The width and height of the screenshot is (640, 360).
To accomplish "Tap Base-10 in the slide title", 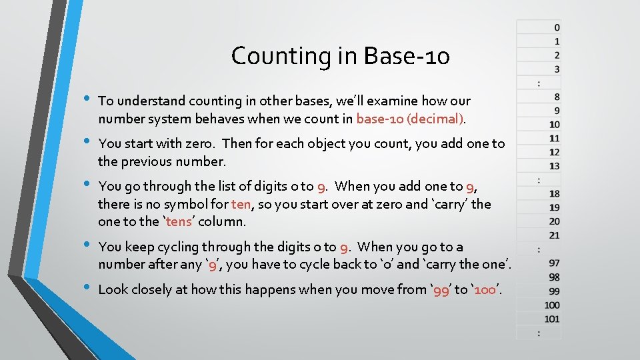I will [407, 56].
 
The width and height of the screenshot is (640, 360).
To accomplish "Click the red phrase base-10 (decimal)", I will [410, 119].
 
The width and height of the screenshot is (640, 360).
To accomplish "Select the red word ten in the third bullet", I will [241, 204].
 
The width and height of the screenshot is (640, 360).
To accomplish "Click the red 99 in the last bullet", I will [441, 289].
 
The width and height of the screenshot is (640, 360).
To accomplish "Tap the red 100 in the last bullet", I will [486, 289].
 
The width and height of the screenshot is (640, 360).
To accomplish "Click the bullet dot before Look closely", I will [85, 287].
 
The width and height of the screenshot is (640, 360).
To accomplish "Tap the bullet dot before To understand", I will [85, 99].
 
